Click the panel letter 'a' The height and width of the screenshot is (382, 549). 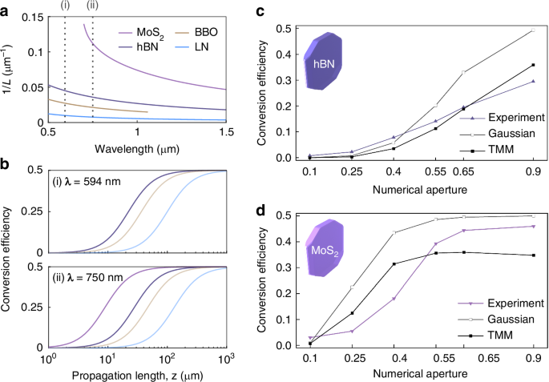[6, 9]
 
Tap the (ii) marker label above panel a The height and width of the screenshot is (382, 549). [93, 10]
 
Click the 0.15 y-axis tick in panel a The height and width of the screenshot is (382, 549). [34, 18]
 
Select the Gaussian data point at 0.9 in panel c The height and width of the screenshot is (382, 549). [532, 31]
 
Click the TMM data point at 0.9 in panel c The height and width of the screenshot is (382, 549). [532, 65]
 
